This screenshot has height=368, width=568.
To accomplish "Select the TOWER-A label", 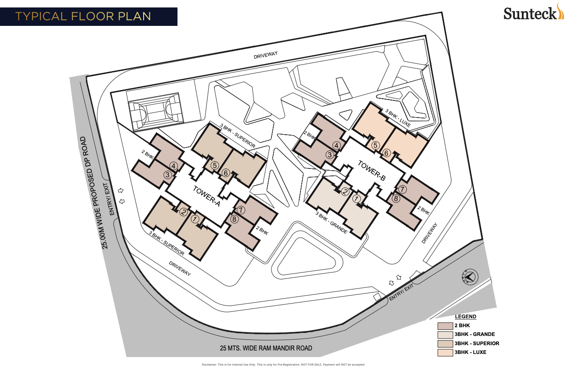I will point(206,197).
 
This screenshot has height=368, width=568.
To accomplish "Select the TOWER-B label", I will point(371,171).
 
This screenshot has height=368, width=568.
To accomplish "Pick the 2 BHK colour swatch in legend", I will point(445,326).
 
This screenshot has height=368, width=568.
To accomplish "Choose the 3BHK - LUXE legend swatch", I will point(445,352).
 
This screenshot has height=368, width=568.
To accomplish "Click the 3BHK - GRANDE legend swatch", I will point(445,335).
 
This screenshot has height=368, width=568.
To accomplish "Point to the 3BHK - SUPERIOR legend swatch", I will point(445,343).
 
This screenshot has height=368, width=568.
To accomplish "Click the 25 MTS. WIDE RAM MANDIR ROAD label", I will point(266,348).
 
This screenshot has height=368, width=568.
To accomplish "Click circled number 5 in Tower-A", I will point(214,165).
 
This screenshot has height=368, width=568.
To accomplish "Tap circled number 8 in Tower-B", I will point(396,198).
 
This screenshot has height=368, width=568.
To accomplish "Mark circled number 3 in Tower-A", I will point(167,175).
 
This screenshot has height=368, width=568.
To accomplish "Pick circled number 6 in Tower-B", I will point(387,153).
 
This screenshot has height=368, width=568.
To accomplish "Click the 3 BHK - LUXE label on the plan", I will point(398,118).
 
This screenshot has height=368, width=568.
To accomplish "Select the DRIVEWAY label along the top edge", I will point(266,57).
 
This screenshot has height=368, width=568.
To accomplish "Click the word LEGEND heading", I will point(466,317).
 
